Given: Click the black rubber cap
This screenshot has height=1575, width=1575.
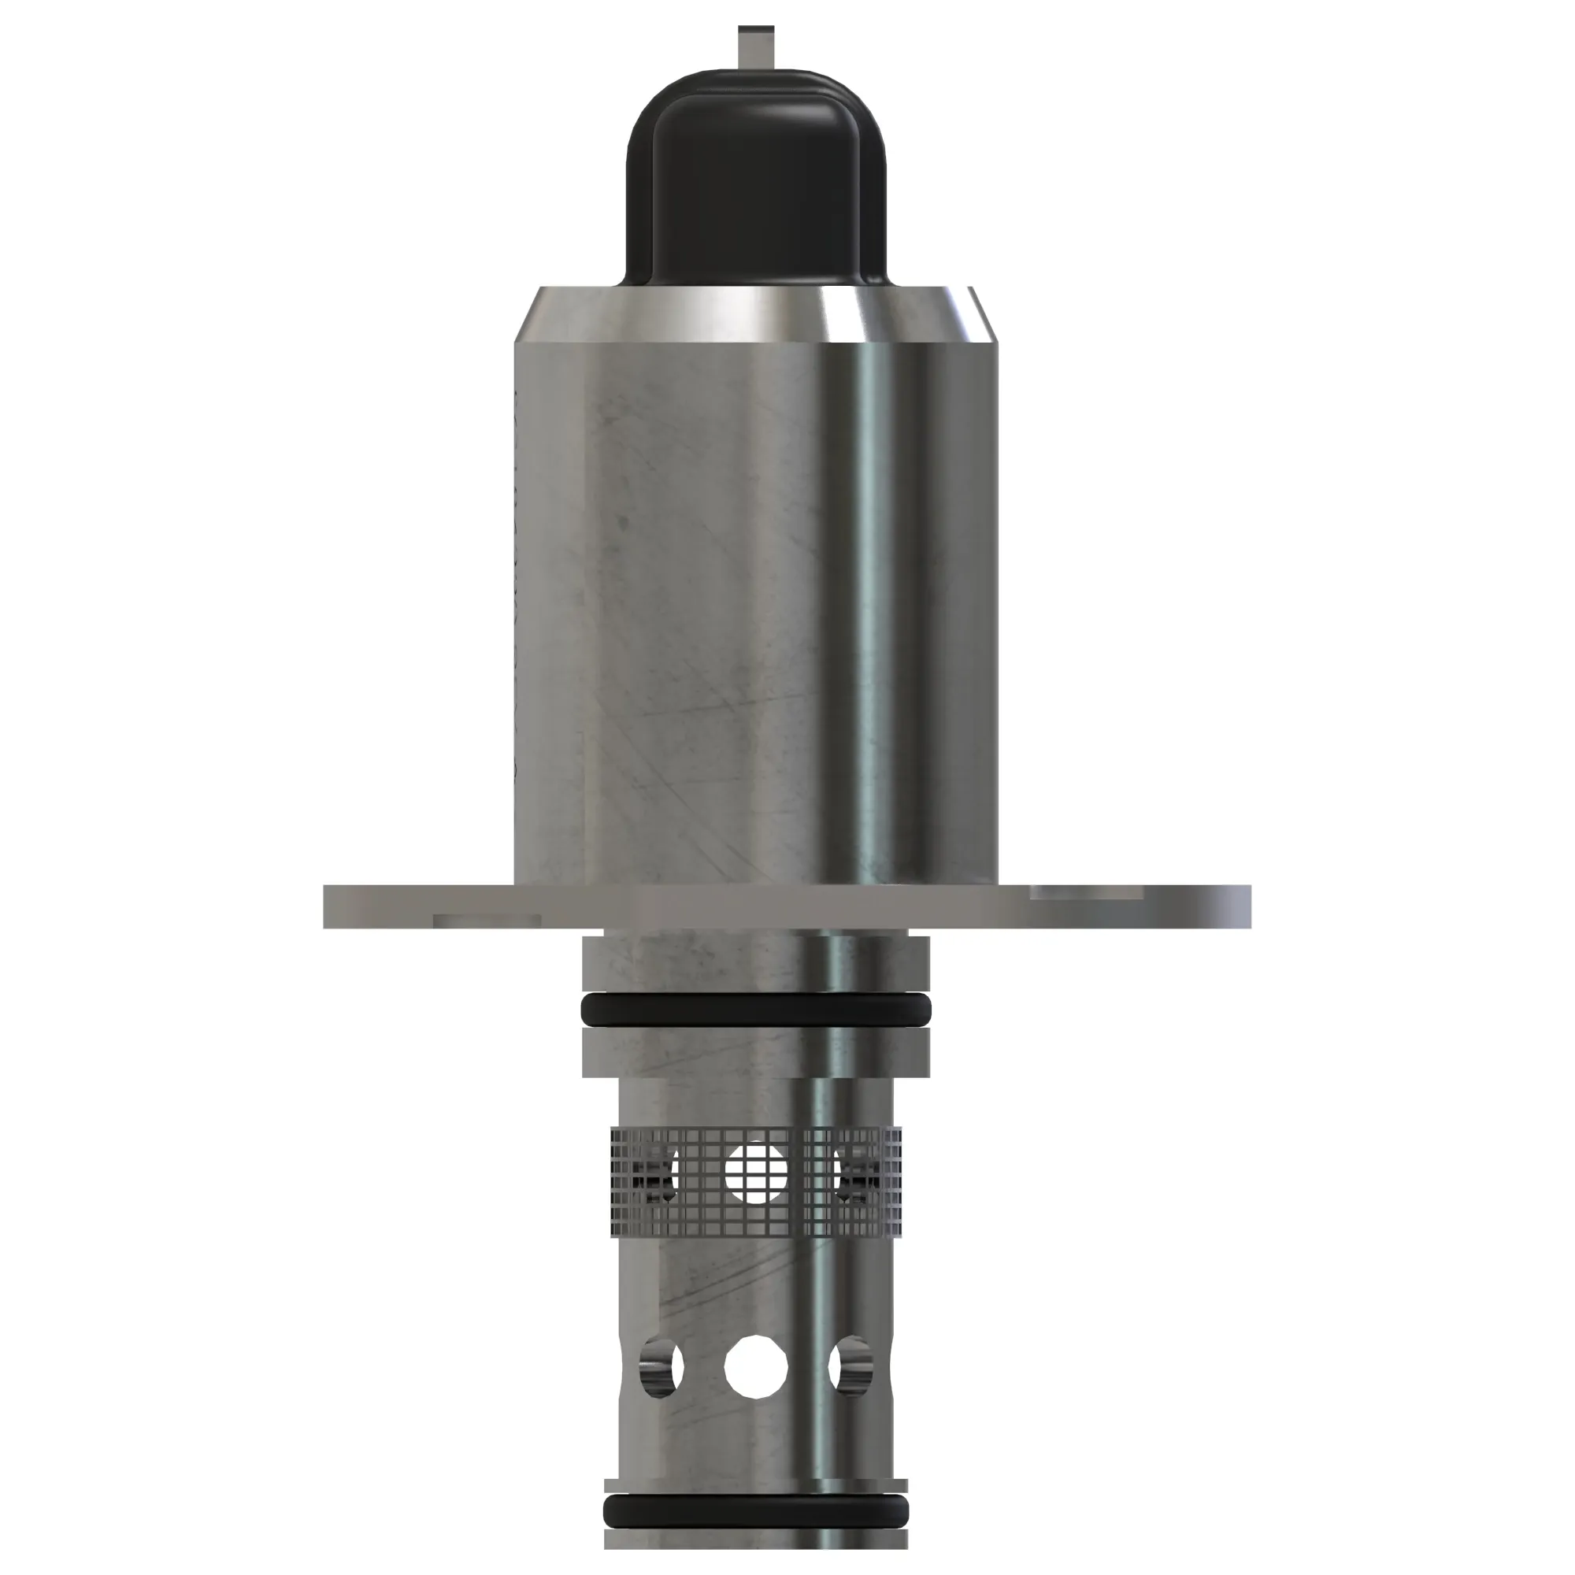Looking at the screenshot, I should (755, 187).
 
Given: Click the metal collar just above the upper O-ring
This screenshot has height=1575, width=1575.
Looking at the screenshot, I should (755, 965).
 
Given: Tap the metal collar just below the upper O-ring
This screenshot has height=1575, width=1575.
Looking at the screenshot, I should (755, 1051).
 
